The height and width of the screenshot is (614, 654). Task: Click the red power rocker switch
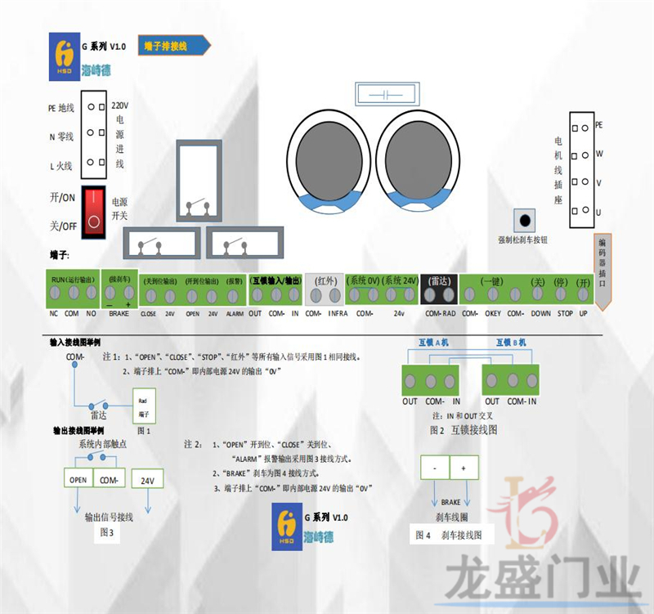tap(95, 208)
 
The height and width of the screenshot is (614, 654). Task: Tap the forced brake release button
tap(523, 222)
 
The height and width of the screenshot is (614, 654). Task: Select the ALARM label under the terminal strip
tap(235, 313)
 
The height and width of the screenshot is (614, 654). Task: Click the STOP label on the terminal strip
tap(565, 313)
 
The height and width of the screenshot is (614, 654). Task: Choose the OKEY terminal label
tap(492, 313)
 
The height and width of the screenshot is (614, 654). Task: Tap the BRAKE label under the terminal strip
tap(119, 313)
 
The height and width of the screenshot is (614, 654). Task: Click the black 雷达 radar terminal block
tap(440, 291)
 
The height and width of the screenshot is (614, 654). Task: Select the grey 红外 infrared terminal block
tap(326, 291)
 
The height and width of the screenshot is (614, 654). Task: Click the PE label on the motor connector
tap(598, 125)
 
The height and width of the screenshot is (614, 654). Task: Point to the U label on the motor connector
tap(598, 212)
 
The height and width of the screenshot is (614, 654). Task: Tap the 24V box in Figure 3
tap(146, 481)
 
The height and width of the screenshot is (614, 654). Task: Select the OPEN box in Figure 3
tap(78, 481)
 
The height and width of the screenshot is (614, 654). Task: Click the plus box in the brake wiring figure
tap(464, 467)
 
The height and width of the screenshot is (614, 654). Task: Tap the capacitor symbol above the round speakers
tap(383, 95)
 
